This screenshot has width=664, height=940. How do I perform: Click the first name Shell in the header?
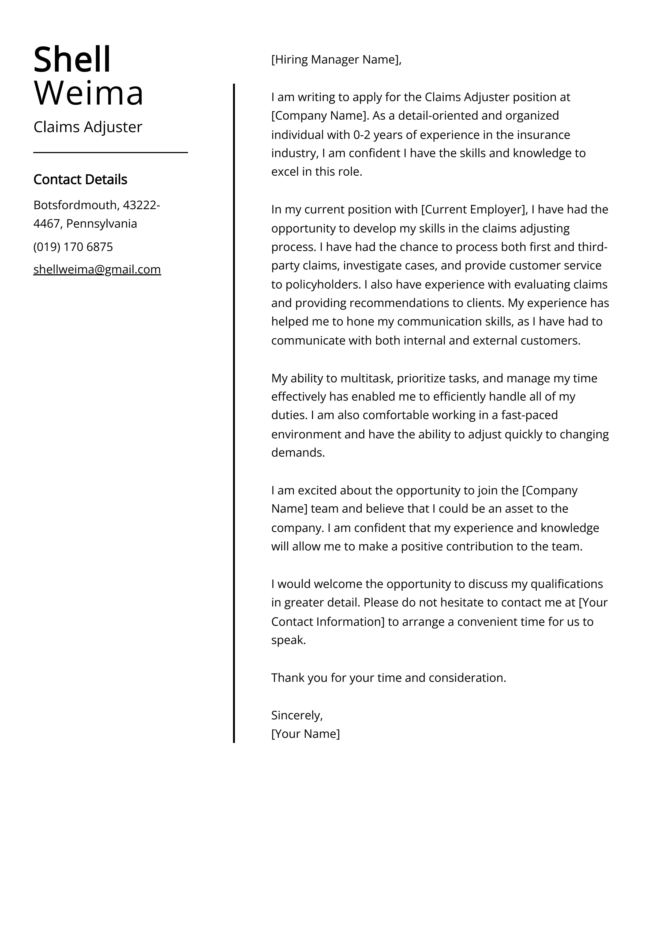(x=72, y=60)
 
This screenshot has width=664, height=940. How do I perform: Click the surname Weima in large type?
(x=88, y=93)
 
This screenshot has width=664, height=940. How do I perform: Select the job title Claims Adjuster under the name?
(x=88, y=127)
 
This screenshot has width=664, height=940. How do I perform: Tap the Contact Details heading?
(x=80, y=179)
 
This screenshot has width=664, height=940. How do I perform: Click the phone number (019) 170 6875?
(x=73, y=247)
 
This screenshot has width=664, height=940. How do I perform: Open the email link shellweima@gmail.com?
(x=97, y=269)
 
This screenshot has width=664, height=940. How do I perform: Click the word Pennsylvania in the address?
(x=102, y=224)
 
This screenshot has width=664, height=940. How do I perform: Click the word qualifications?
(x=566, y=584)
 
